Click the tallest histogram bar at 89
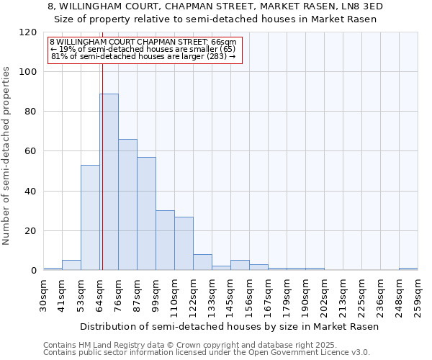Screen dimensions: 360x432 click(x=109, y=181)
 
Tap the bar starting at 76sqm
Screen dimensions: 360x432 click(x=127, y=204)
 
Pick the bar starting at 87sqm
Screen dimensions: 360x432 click(x=146, y=213)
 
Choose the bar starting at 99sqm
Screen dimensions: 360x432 click(x=165, y=240)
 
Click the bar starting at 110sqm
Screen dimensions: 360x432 click(x=184, y=243)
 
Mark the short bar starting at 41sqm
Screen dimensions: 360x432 click(x=71, y=265)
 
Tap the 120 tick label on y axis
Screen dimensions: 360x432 click(x=28, y=32)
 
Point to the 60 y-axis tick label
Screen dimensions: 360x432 click(x=31, y=151)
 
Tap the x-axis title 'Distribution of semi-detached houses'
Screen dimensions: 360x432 click(x=229, y=326)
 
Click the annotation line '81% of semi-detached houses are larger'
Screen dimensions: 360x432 click(x=143, y=56)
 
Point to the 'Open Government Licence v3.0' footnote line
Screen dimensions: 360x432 click(x=207, y=353)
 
